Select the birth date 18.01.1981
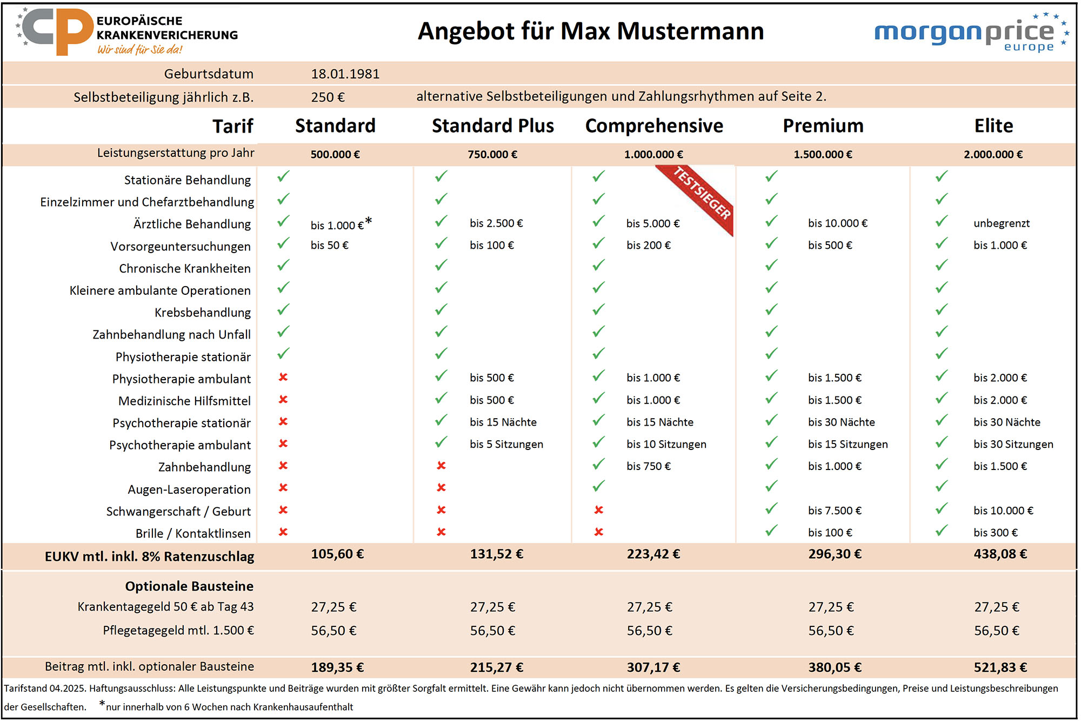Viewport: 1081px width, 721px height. (345, 74)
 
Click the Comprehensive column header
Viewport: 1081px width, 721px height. (654, 126)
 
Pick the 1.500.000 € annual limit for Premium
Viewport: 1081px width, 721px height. (823, 155)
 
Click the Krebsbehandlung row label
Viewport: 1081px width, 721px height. (202, 313)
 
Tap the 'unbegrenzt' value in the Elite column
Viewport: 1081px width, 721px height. (1001, 223)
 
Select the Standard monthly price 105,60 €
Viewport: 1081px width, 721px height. (337, 554)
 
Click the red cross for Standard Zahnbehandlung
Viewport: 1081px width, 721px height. (283, 466)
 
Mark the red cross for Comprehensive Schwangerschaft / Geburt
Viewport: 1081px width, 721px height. (598, 510)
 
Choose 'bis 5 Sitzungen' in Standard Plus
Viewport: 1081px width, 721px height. (506, 445)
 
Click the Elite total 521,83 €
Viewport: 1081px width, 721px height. (1000, 667)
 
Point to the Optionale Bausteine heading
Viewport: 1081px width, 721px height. (189, 586)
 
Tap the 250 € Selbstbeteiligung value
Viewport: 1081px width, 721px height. (328, 97)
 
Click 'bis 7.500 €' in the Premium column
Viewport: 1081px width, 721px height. (835, 511)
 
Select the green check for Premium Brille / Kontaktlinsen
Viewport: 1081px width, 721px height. (771, 531)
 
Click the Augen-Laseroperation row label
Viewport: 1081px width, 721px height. (189, 490)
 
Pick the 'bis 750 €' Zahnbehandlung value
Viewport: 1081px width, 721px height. (649, 466)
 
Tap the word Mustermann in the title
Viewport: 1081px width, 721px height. (690, 31)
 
